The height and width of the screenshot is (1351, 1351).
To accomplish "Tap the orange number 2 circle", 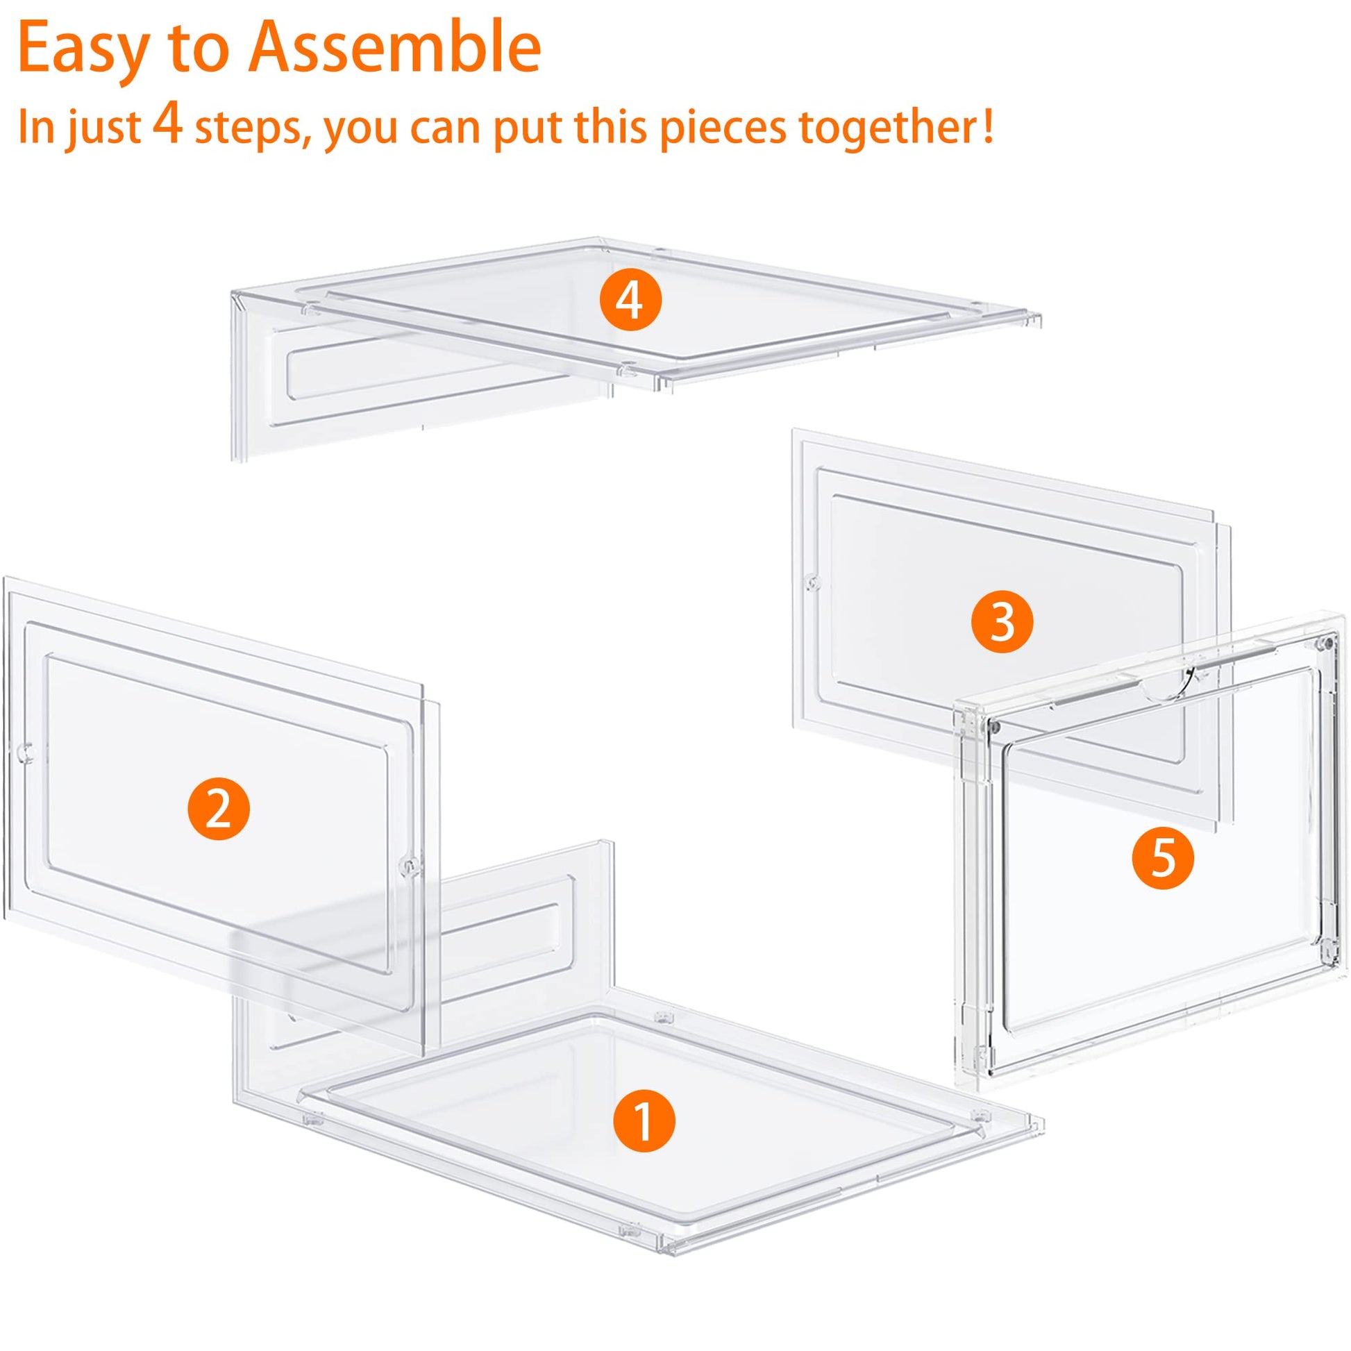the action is click(x=218, y=809).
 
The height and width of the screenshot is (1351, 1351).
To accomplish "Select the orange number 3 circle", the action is click(x=1002, y=621).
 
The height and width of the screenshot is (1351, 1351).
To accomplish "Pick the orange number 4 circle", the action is click(x=630, y=301).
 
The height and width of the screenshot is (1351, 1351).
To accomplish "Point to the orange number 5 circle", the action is click(x=1163, y=858).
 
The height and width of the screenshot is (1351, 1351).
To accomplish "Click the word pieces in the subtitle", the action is click(x=723, y=130).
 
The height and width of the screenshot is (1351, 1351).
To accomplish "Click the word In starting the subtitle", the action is click(x=37, y=126).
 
